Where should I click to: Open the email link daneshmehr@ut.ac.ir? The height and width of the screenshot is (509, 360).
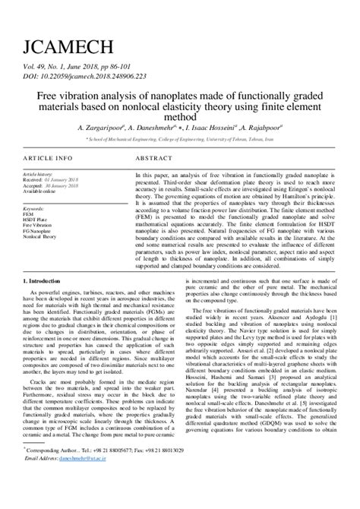[x=86, y=480]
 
